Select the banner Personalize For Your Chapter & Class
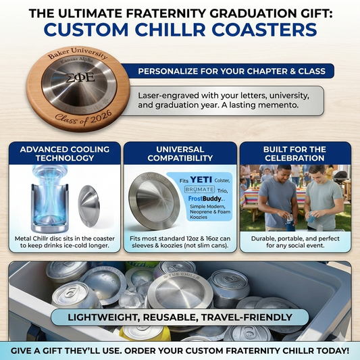click(231, 71)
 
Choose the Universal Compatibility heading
click(180, 154)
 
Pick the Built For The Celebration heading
click(295, 154)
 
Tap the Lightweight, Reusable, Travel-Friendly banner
click(180, 317)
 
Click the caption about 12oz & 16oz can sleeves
click(180, 242)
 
